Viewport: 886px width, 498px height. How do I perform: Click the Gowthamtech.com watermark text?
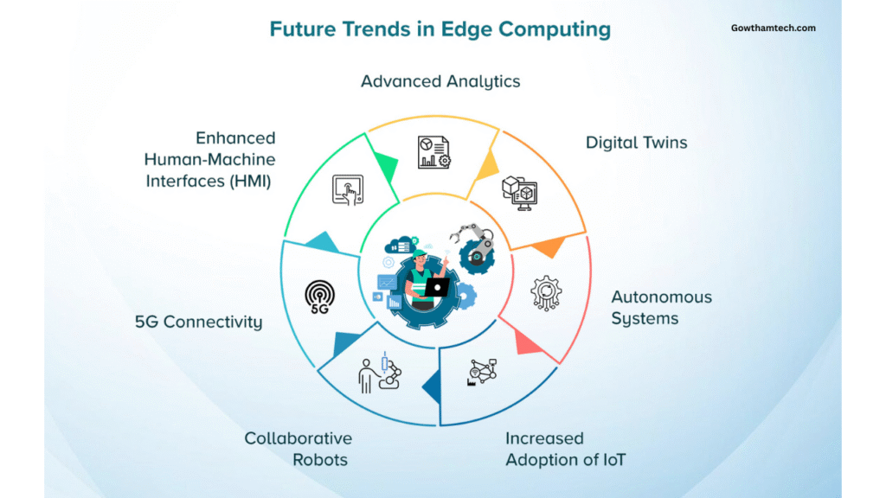pyautogui.click(x=773, y=28)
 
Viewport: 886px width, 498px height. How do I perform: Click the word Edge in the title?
pyautogui.click(x=466, y=29)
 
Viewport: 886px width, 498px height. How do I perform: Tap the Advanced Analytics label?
pyautogui.click(x=440, y=81)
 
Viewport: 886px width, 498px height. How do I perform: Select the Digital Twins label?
pyautogui.click(x=636, y=143)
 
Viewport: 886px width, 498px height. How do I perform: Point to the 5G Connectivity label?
pyautogui.click(x=198, y=322)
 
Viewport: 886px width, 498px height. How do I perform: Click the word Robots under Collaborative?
pyautogui.click(x=320, y=460)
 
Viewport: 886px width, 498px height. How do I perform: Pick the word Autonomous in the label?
pyautogui.click(x=661, y=297)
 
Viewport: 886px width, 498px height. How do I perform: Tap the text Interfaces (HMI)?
pyautogui.click(x=209, y=181)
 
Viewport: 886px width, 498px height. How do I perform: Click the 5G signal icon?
pyautogui.click(x=320, y=297)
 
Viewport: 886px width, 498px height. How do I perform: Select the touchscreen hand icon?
pyautogui.click(x=348, y=189)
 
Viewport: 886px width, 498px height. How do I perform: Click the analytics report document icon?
pyautogui.click(x=434, y=152)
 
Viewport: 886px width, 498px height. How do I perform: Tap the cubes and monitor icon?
pyautogui.click(x=520, y=193)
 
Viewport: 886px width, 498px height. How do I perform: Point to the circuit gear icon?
pyautogui.click(x=546, y=293)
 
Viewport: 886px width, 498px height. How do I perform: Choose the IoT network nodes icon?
pyautogui.click(x=482, y=372)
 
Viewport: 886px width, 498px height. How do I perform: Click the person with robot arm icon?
pyautogui.click(x=380, y=373)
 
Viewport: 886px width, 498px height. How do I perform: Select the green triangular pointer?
pyautogui.click(x=386, y=167)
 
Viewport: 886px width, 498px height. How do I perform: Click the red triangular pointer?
pyautogui.click(x=528, y=342)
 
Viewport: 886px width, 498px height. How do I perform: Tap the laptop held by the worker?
pyautogui.click(x=437, y=287)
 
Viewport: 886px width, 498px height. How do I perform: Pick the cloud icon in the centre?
pyautogui.click(x=400, y=245)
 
